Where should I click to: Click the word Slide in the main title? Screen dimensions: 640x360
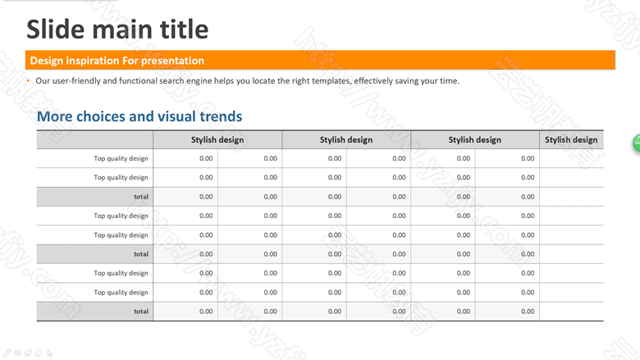point(56,30)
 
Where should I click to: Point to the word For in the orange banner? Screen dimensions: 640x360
point(130,61)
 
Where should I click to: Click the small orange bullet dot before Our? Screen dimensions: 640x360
point(28,80)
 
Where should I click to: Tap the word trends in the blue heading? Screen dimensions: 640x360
point(221,116)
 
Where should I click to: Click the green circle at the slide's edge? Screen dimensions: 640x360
point(637,144)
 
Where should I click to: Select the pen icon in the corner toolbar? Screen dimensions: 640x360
point(7,353)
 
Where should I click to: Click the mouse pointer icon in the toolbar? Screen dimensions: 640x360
point(50,353)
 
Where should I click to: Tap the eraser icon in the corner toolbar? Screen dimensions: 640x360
point(39,353)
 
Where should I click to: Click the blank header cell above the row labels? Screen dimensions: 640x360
point(94,140)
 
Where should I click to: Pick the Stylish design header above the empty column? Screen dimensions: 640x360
point(571,140)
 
